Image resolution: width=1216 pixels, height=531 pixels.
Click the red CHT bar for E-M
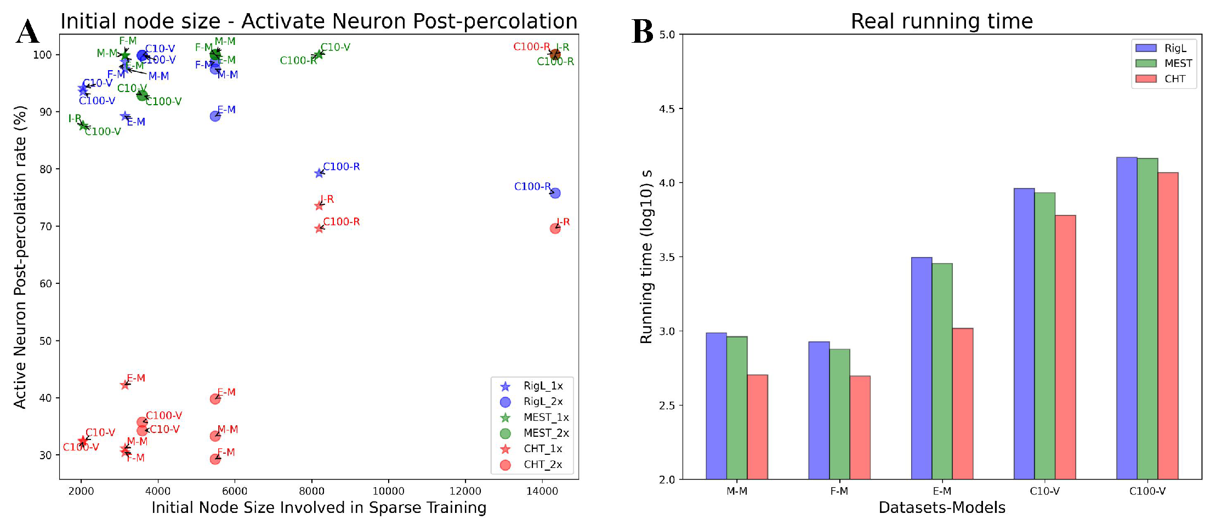pos(962,403)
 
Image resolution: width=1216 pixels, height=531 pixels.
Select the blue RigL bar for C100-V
pos(1127,318)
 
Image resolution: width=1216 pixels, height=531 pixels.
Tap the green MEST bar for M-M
pos(737,408)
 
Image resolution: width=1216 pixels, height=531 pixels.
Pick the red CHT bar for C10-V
pos(1065,347)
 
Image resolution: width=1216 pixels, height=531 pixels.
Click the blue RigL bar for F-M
pos(819,410)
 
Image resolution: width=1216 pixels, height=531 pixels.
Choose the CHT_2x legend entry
pos(542,465)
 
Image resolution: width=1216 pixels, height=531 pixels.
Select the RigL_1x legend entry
pos(542,386)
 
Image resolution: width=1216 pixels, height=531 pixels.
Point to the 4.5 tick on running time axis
pos(667,109)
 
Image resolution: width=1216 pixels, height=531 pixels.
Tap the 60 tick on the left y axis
pos(46,284)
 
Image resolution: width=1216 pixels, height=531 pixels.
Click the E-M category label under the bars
pos(942,492)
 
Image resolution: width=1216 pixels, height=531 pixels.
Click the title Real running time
pos(941,21)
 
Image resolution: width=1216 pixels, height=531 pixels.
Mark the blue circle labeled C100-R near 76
pos(555,193)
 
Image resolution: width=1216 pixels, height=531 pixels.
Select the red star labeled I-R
pos(319,206)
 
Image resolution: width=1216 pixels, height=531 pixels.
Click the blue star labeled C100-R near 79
pos(319,173)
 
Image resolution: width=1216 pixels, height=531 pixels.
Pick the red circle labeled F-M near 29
pos(215,459)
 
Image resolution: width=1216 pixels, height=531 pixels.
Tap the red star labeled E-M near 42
pos(125,385)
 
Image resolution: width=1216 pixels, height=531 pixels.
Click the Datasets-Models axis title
pos(941,508)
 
